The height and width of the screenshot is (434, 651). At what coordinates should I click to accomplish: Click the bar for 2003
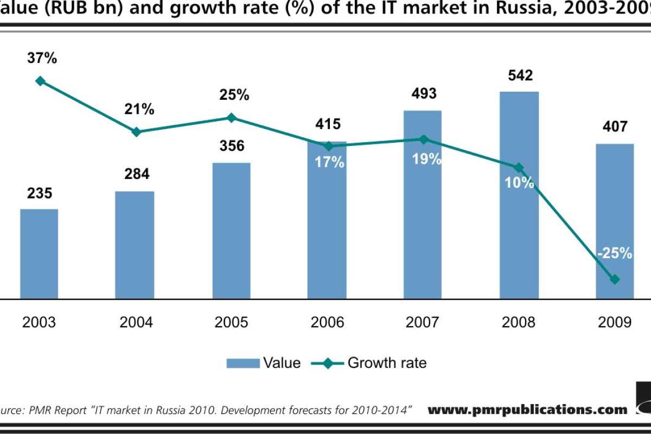39,254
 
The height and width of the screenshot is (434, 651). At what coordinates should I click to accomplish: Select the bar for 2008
519,195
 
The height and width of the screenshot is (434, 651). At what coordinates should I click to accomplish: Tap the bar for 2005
231,231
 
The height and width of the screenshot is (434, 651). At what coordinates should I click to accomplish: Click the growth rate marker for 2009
615,279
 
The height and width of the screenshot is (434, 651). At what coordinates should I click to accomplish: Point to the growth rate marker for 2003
40,81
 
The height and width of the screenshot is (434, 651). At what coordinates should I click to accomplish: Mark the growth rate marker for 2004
136,132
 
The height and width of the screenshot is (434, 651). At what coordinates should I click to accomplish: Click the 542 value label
519,75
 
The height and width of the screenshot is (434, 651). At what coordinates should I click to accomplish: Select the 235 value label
39,193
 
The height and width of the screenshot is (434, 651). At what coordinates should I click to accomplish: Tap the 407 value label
614,127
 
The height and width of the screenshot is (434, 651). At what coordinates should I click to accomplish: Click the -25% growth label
614,253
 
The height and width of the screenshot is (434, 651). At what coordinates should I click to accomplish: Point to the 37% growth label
42,58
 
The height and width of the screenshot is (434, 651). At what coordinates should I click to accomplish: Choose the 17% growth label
329,162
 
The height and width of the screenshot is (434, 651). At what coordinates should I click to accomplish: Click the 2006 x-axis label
327,322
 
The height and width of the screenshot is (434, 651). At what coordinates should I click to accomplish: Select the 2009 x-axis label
615,322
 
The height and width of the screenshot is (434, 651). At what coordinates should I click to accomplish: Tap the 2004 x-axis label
136,322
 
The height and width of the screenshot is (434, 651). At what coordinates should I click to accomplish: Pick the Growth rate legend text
387,362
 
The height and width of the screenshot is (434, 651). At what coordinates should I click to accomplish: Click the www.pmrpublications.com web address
527,410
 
